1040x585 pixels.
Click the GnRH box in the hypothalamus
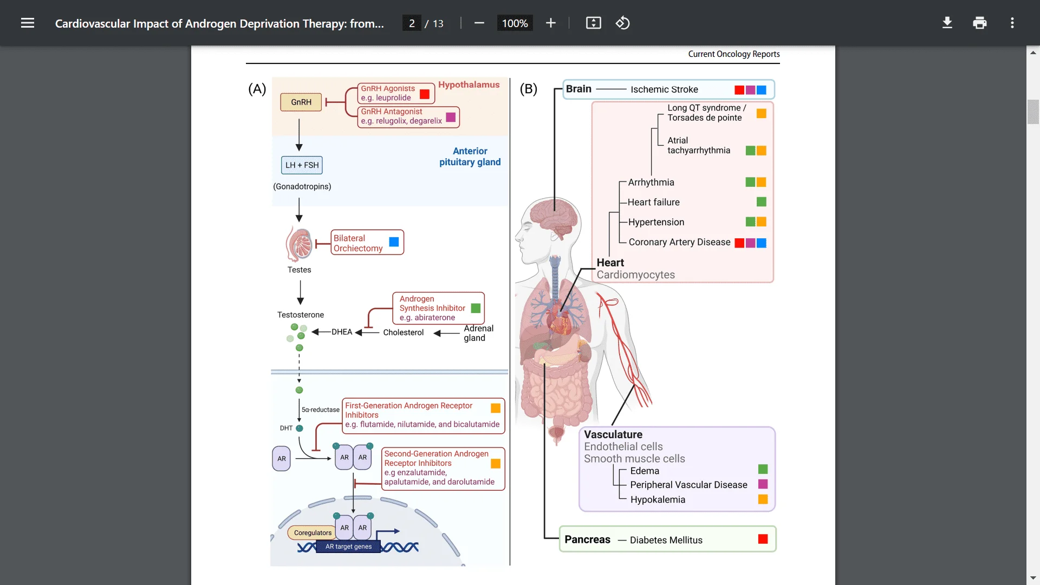click(x=301, y=102)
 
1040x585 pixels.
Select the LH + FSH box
click(x=302, y=165)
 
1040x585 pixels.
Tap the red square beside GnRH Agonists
click(x=425, y=94)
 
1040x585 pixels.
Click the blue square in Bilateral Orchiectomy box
click(x=394, y=242)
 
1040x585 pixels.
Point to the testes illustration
click(x=300, y=244)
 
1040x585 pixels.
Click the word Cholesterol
click(x=403, y=333)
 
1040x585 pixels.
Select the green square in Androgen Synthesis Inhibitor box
click(x=476, y=308)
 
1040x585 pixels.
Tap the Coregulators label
click(x=313, y=533)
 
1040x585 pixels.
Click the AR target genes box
click(x=348, y=547)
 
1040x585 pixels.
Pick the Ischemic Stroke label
click(x=664, y=89)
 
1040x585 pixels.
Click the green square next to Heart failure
click(x=761, y=202)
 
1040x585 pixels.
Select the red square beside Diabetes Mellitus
click(x=763, y=539)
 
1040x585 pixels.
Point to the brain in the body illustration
click(x=554, y=217)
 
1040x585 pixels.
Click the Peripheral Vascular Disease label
click(x=688, y=485)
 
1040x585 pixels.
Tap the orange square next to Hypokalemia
click(x=763, y=499)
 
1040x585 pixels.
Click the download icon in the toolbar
click(x=947, y=23)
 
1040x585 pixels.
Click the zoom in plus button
click(x=550, y=23)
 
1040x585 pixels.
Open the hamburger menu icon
click(x=28, y=23)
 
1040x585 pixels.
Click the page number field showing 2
click(x=412, y=23)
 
